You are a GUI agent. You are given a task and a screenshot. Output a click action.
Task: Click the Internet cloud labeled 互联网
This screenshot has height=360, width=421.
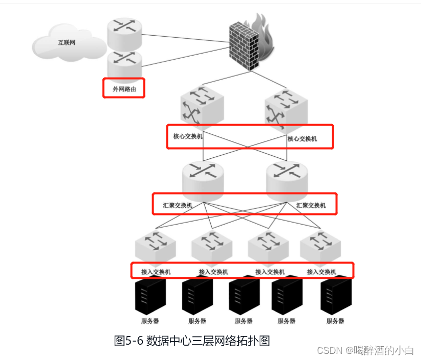coord(63,43)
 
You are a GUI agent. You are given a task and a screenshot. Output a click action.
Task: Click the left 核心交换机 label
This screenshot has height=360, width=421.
coord(188,136)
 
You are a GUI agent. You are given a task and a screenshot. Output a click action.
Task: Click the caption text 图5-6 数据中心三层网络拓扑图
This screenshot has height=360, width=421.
coord(191,341)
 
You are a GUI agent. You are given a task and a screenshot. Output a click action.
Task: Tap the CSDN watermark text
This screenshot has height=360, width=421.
coord(365,350)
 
